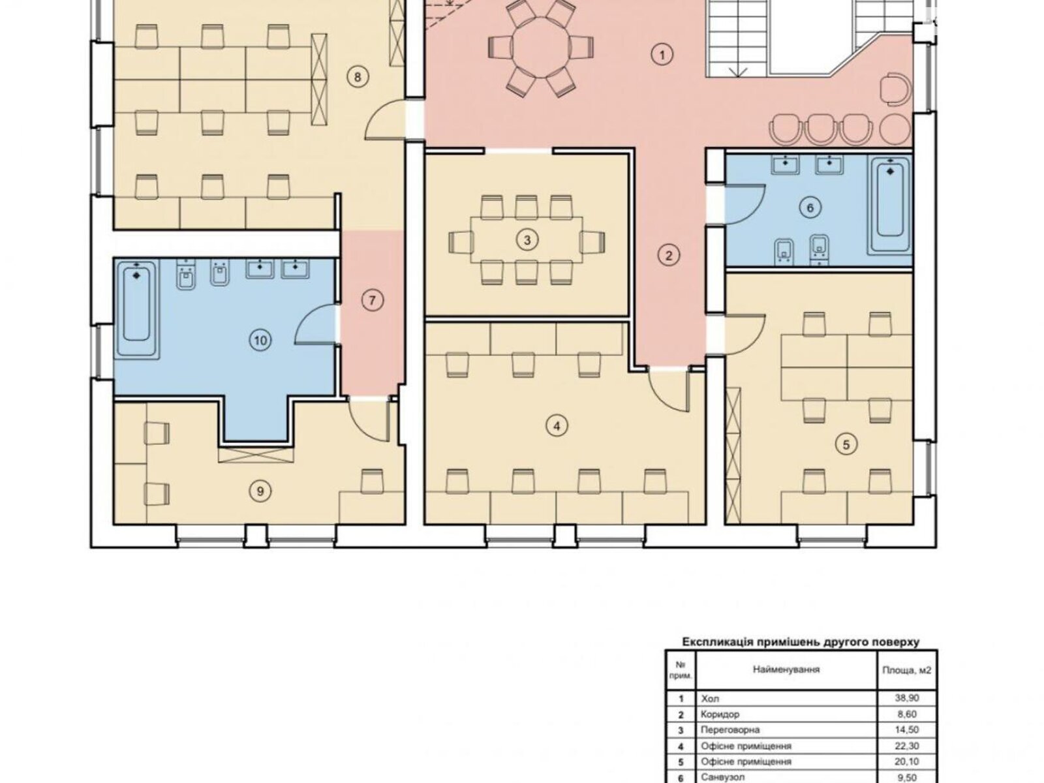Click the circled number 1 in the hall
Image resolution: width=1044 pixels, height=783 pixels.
[x=662, y=55]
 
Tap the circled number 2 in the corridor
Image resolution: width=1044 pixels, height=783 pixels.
[x=668, y=256]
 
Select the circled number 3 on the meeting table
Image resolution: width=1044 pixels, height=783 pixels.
[x=527, y=240]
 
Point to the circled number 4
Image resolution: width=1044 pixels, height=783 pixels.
[x=557, y=426]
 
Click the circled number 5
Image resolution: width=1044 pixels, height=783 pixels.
[x=846, y=445]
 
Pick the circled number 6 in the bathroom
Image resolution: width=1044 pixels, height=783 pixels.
[x=810, y=207]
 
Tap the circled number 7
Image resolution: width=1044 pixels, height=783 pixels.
[x=372, y=300]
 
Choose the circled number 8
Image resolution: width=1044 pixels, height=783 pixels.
[x=358, y=76]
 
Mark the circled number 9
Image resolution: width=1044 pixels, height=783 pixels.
[x=260, y=491]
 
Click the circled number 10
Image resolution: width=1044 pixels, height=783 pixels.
[x=260, y=340]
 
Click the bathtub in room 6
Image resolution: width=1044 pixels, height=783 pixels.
[x=890, y=205]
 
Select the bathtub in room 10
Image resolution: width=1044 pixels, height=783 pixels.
[x=136, y=309]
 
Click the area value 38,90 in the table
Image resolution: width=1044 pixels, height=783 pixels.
[x=906, y=698]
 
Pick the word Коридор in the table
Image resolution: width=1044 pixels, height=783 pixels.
[x=720, y=714]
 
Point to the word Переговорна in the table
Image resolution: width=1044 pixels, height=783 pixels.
[x=730, y=729]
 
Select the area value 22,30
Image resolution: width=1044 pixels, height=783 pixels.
[x=906, y=745]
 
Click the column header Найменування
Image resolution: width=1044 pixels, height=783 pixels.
[x=786, y=669]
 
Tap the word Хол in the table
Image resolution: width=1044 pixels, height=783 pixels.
[x=710, y=698]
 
